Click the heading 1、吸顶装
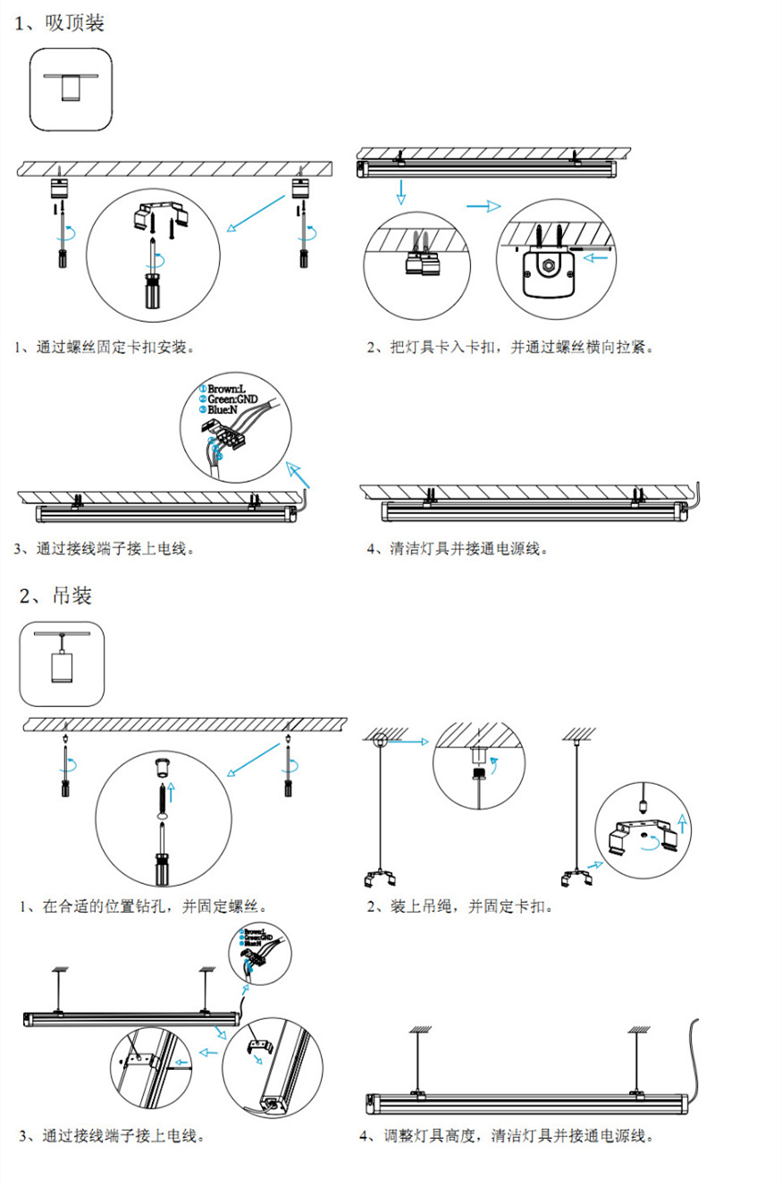pyautogui.click(x=60, y=23)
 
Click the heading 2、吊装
pyautogui.click(x=55, y=594)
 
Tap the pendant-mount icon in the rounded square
pyautogui.click(x=62, y=662)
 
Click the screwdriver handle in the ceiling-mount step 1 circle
pyautogui.click(x=156, y=291)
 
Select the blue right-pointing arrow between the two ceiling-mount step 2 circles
pyautogui.click(x=483, y=206)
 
